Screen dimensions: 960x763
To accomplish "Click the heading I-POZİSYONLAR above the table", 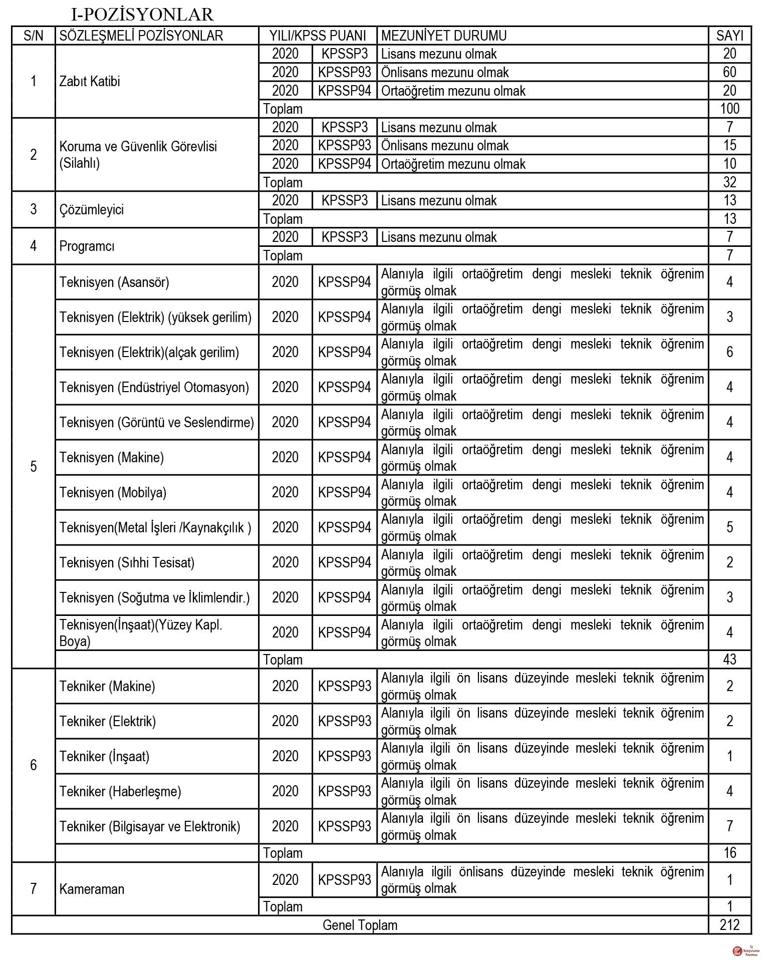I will coord(142,15).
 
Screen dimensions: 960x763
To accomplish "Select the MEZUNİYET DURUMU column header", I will coord(443,36).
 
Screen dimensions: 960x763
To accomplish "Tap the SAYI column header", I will coord(729,36).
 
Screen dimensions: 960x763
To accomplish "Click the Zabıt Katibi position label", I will coord(90,82).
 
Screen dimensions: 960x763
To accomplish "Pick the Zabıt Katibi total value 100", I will coord(729,109).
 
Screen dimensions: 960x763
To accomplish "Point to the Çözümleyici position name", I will coord(91,209).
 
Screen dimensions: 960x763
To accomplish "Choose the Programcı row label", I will coord(87,246).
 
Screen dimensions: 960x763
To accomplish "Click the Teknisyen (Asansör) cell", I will coord(114,282).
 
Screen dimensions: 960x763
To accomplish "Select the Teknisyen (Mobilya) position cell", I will coord(113,492).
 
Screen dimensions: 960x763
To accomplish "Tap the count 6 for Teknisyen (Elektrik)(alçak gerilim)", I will coord(729,352).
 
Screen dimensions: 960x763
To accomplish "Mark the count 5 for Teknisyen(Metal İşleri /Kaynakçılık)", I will coord(729,527).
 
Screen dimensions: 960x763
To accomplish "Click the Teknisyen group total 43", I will coord(729,659).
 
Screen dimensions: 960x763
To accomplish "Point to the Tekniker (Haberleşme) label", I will coord(120,791).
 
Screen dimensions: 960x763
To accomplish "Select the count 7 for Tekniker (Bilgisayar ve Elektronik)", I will coord(729,826).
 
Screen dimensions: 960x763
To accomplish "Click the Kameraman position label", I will coord(91,889).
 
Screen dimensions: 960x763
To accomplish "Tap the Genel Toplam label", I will coord(360,925).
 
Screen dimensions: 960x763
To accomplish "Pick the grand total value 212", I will coord(729,925).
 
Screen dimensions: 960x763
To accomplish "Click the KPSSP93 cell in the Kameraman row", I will coord(344,880).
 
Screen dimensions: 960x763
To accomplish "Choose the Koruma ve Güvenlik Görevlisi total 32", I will coord(729,182).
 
